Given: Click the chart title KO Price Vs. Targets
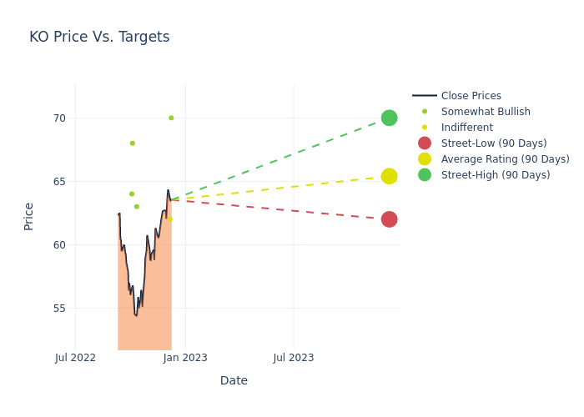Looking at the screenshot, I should point(99,37).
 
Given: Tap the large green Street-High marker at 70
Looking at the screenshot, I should point(389,118).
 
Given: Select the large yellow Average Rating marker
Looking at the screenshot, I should point(389,176).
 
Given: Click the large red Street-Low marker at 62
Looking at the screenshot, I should point(389,219).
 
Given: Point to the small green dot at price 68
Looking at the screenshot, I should point(132,143).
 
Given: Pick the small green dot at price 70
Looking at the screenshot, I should point(171,118).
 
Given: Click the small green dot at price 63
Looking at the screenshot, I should point(137,207).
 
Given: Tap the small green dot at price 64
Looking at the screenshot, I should point(132,194).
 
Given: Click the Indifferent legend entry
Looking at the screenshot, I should point(466,128).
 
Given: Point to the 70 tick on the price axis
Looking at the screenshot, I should point(58,118).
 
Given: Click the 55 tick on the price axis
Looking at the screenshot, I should point(58,309).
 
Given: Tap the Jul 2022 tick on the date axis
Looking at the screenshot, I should point(75,358).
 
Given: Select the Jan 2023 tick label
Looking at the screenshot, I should point(185,358).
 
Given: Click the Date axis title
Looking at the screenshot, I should point(234,380).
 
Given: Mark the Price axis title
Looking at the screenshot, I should point(29,216).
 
